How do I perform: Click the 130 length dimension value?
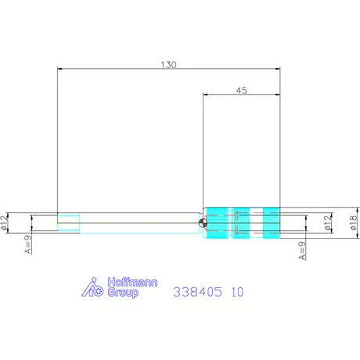pos(168,64)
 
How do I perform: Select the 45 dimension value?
pos(242,90)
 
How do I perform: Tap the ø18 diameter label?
pos(353,222)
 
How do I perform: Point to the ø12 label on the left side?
pos(5,222)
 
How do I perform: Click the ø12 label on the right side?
pos(329,222)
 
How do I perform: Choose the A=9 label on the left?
pos(28,244)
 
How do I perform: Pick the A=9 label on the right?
pos(301,250)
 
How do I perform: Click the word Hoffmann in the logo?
pos(132,283)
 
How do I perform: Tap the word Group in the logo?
pos(123,293)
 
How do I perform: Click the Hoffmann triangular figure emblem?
pos(92,287)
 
